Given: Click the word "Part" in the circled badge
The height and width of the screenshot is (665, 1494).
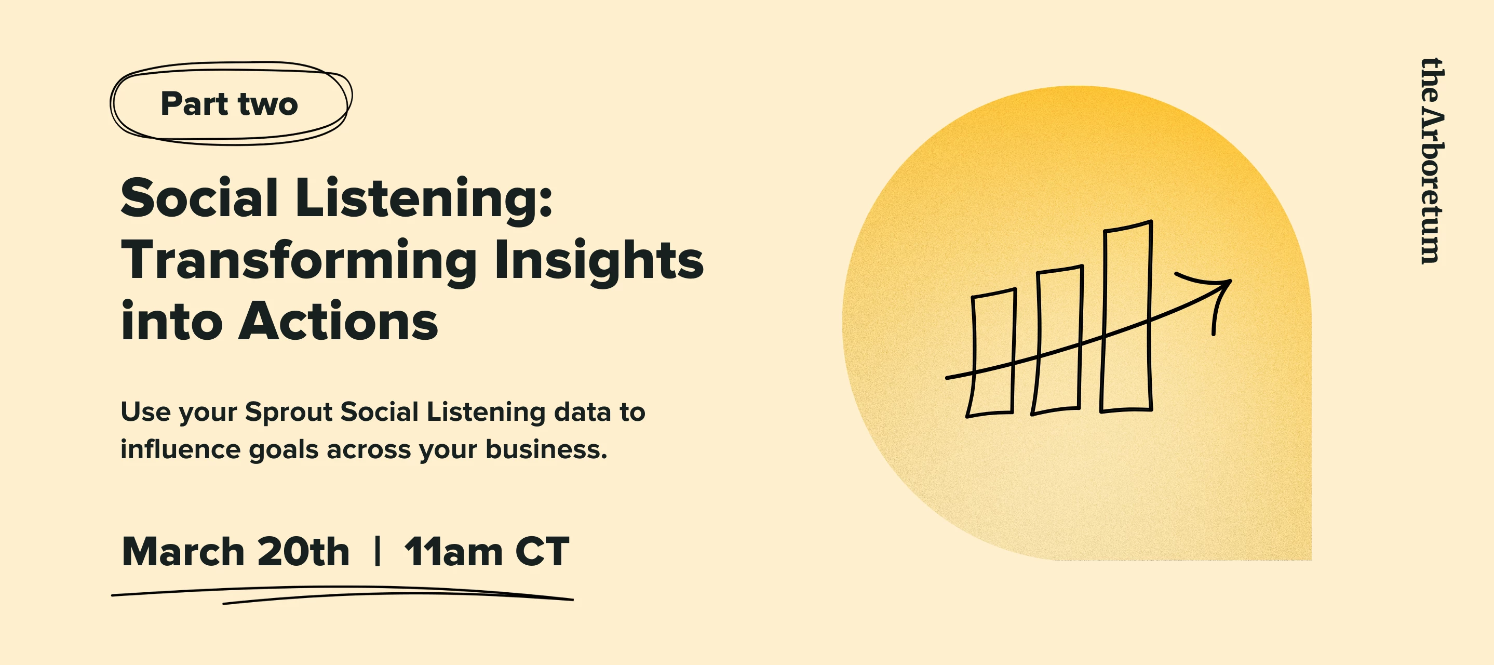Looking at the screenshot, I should coord(194,104).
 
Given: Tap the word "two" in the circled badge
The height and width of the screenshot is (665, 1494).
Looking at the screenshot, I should coord(268,104).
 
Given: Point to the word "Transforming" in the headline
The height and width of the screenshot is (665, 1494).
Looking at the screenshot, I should coord(299,261).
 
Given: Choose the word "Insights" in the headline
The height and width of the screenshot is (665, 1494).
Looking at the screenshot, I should coord(599,261).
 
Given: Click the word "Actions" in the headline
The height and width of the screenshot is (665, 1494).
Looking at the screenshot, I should coord(339,322).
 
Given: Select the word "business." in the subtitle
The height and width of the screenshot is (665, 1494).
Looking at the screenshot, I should coord(546,450).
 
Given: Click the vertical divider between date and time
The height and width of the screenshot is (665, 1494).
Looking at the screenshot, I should coord(378,551).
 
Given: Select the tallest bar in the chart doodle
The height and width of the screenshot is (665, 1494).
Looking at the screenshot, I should coord(1126,316).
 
